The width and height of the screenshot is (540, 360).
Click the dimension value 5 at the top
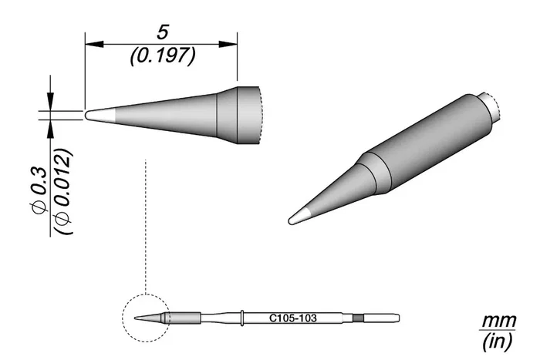[x=162, y=32]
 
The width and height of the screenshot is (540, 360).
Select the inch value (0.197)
[x=163, y=56]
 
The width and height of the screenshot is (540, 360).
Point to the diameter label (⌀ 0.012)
[x=63, y=191]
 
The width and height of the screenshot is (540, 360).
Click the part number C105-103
[x=292, y=318]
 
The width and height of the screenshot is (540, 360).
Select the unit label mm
[x=498, y=321]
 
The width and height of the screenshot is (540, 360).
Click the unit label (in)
[x=498, y=341]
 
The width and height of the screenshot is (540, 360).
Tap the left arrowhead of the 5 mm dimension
[x=94, y=44]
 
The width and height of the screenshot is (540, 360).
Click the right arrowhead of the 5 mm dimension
[x=228, y=44]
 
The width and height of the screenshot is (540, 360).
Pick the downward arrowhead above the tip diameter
[x=51, y=102]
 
